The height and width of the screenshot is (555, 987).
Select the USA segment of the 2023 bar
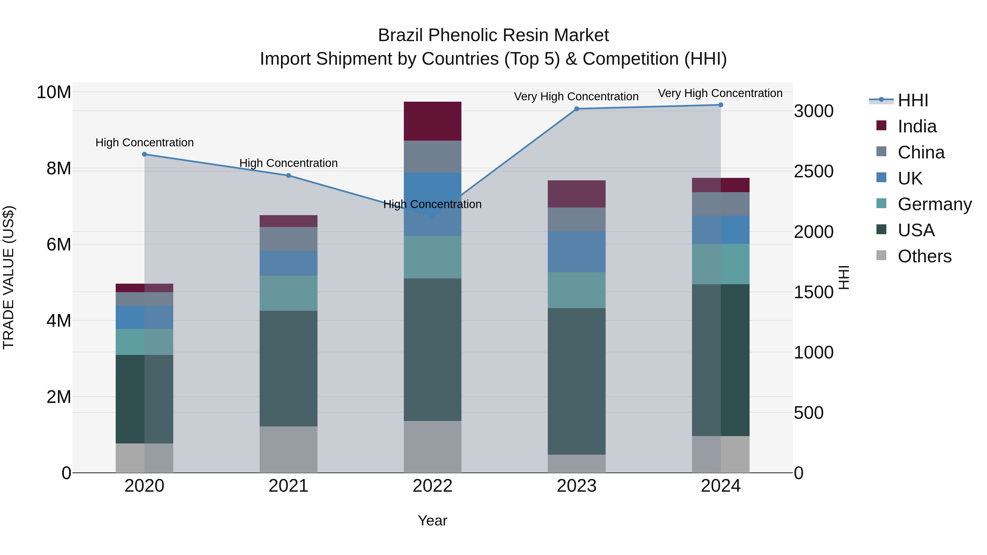click(576, 381)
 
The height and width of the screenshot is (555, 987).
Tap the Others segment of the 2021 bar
click(288, 449)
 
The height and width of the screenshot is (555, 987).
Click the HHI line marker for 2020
click(144, 154)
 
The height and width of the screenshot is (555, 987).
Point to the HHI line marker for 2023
click(576, 109)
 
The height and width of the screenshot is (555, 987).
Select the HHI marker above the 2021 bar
click(288, 175)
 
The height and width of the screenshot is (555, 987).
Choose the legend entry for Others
click(924, 256)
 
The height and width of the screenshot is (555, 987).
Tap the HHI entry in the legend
click(913, 100)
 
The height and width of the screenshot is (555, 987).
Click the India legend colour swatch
click(881, 126)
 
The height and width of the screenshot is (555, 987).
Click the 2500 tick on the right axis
click(813, 171)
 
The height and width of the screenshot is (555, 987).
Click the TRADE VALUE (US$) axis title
click(8, 277)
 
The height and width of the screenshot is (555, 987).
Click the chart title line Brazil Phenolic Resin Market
click(493, 35)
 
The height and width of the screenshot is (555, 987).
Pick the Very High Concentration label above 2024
click(720, 93)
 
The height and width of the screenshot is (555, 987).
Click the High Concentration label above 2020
click(144, 143)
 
